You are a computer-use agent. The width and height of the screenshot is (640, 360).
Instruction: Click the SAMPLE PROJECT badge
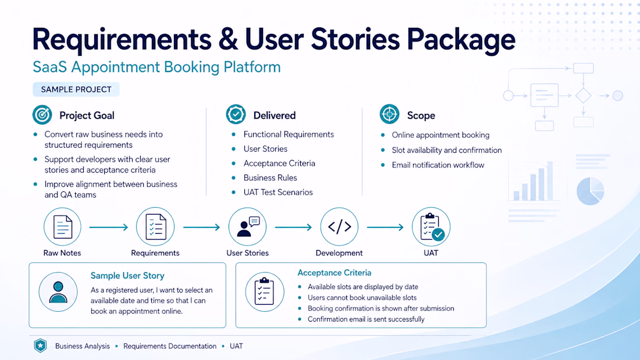pos(76,90)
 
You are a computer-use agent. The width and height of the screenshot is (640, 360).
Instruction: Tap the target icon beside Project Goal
pos(42,115)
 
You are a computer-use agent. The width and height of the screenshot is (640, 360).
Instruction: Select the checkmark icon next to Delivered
pos(236,115)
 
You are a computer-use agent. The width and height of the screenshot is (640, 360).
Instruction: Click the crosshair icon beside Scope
pos(389,115)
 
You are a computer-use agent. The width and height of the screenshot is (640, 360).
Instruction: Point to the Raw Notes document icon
pos(62,227)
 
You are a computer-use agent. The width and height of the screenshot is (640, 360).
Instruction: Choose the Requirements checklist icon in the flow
pos(155,227)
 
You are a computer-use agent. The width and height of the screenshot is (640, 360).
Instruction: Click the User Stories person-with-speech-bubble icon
pos(247,227)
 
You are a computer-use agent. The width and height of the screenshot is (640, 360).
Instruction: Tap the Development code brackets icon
pos(339,227)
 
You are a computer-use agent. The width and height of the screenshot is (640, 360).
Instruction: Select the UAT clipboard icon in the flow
pos(431,227)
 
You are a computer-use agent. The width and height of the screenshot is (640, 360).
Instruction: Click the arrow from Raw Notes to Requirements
pos(109,227)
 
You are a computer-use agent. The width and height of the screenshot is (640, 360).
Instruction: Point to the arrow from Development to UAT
pos(385,227)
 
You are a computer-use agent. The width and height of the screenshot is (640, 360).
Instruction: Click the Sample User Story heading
pos(127,276)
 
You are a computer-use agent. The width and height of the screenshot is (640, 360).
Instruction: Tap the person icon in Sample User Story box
pos(58,292)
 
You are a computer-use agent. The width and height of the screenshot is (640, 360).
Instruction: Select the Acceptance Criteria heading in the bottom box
pos(335,273)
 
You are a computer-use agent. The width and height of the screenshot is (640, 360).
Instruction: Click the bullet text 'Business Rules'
pos(270,177)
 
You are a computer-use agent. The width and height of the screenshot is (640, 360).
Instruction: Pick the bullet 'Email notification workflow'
pos(438,165)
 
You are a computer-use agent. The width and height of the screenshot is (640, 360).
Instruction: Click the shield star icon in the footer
pos(40,345)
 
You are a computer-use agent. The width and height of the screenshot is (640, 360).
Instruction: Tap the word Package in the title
pos(461,40)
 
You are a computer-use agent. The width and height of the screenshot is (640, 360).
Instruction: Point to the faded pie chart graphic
pos(590,191)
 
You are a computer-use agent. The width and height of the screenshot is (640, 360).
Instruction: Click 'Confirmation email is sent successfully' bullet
pos(366,319)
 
